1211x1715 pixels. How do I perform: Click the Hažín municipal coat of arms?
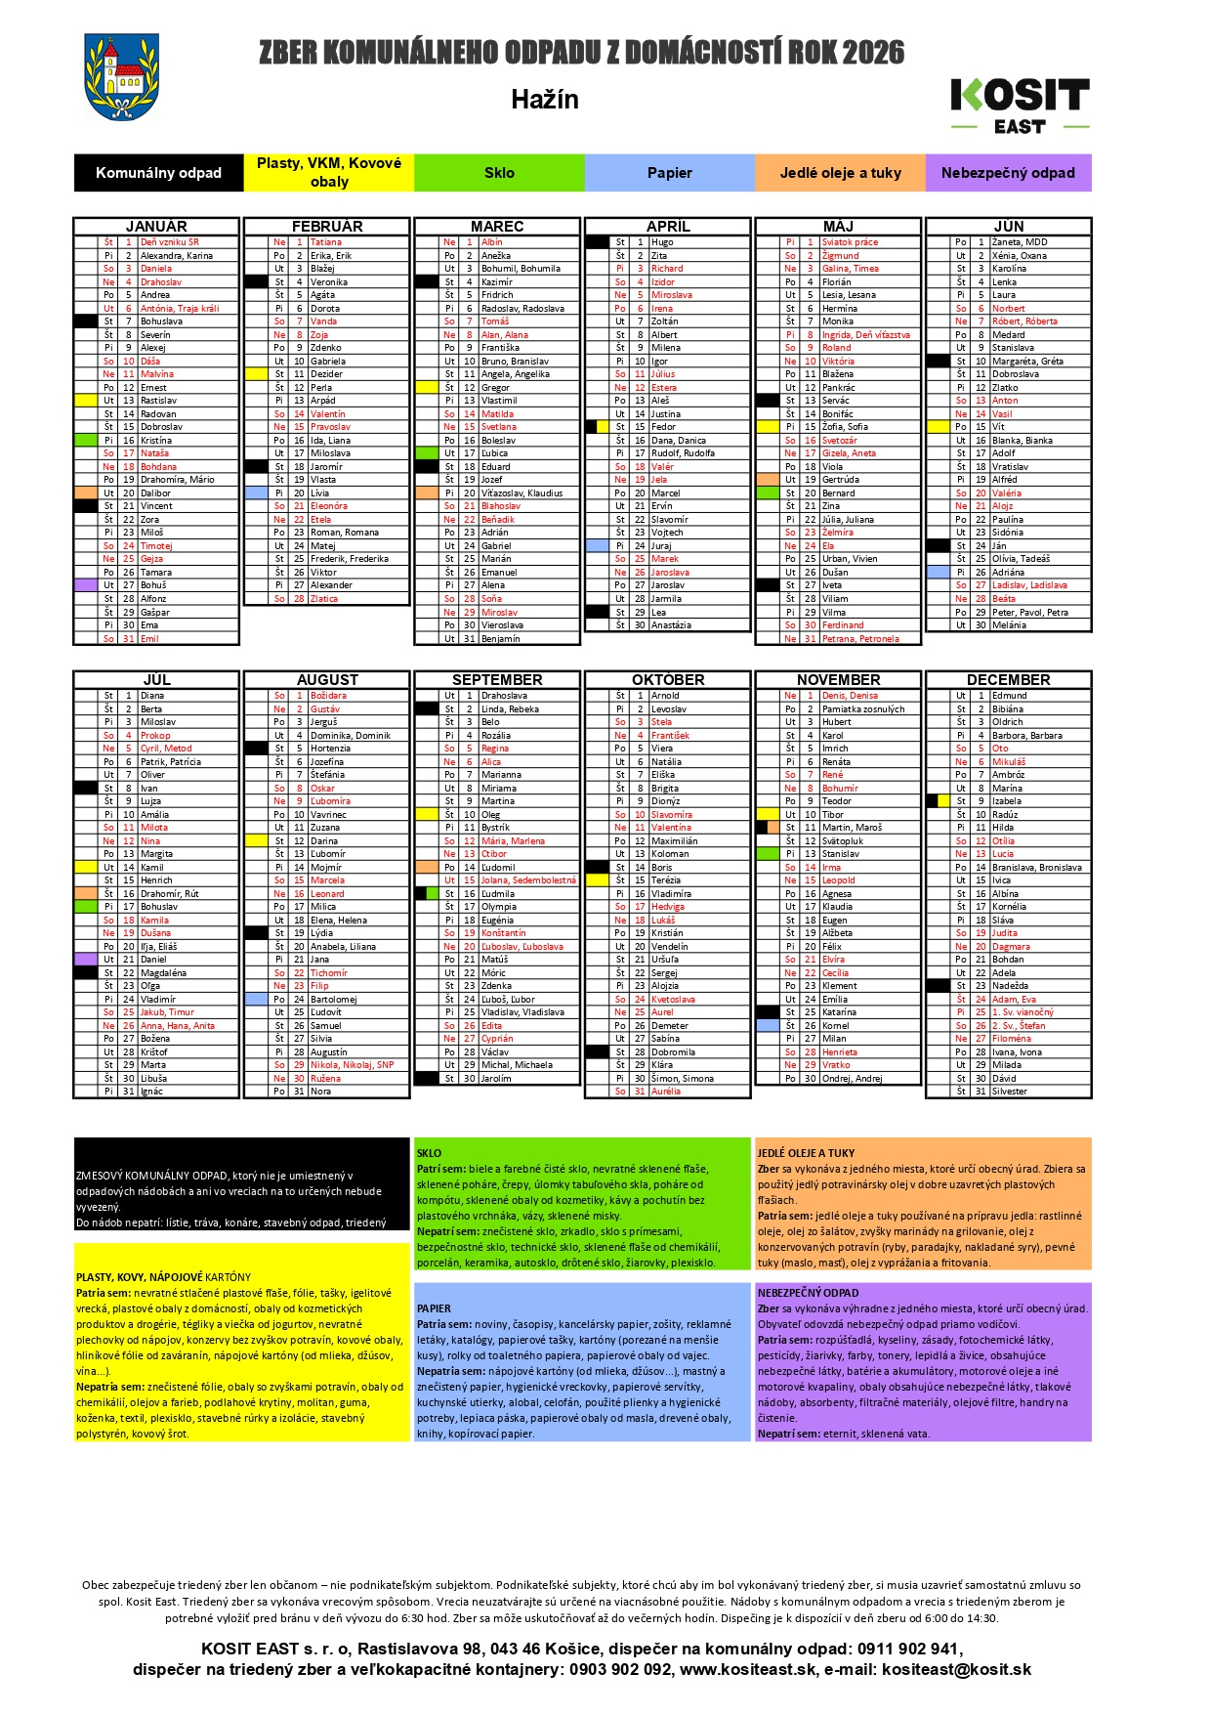[x=122, y=78]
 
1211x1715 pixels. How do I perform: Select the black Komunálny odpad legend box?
[x=158, y=173]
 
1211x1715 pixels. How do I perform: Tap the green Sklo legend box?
[x=499, y=173]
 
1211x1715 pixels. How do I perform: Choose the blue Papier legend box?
[x=669, y=173]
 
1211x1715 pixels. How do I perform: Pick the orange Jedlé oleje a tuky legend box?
[x=840, y=173]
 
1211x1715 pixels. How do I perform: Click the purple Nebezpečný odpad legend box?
[x=1008, y=173]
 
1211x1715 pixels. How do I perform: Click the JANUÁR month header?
[x=156, y=226]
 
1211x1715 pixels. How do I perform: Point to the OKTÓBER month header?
[x=668, y=679]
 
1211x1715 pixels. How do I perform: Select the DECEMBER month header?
[x=1008, y=679]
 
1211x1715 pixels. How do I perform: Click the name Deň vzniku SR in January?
[x=170, y=242]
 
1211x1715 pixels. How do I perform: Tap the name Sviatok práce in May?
[x=850, y=242]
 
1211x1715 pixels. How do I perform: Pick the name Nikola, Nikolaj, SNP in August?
[x=352, y=1065]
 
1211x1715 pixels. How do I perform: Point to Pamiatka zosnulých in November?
[x=863, y=709]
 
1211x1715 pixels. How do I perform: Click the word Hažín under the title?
[x=545, y=100]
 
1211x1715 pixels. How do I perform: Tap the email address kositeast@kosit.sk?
[x=956, y=1670]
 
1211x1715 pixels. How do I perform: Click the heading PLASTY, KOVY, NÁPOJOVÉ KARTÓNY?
[x=163, y=1277]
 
